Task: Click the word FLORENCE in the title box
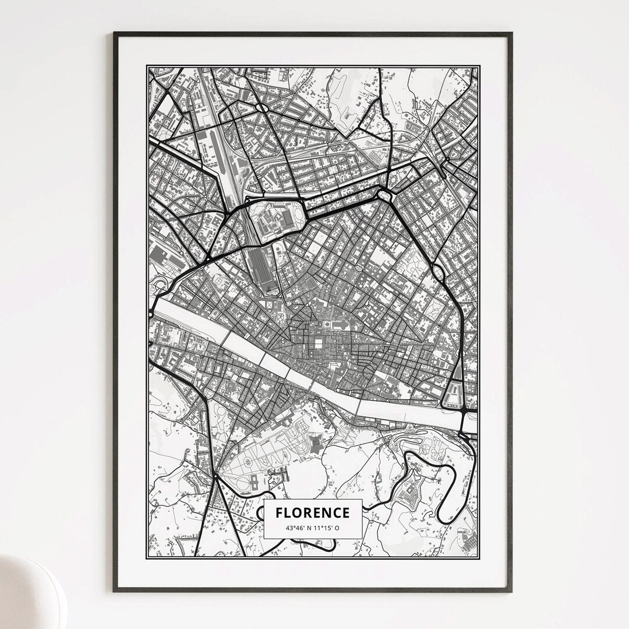click(313, 513)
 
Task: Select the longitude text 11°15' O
click(327, 528)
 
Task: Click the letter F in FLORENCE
click(280, 513)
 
